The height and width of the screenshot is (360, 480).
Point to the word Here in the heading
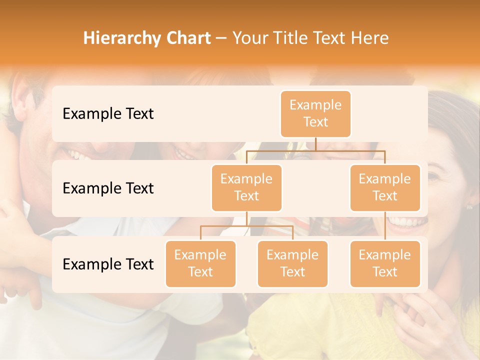(370, 38)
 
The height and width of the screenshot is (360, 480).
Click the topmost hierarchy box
(315, 114)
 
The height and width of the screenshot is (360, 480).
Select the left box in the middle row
(246, 188)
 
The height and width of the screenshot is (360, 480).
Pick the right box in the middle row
(385, 188)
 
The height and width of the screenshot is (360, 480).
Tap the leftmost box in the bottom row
(200, 264)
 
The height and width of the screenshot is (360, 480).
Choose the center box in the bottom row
(292, 264)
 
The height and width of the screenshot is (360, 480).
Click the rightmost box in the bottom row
(385, 264)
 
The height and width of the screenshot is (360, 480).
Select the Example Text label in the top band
(108, 114)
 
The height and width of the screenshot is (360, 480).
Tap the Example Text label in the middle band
(108, 188)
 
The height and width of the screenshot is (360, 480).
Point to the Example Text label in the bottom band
(108, 264)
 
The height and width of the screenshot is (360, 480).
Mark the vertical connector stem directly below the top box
(315, 144)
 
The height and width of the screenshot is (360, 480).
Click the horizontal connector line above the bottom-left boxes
(246, 226)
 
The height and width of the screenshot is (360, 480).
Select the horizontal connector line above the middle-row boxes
(315, 150)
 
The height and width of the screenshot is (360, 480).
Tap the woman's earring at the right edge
(469, 206)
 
